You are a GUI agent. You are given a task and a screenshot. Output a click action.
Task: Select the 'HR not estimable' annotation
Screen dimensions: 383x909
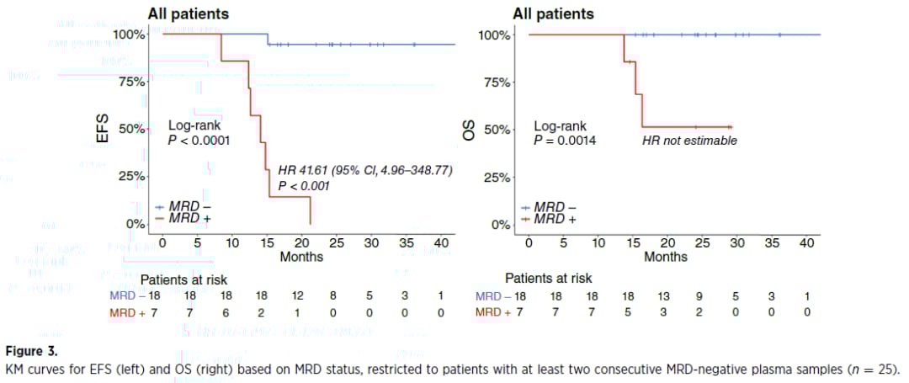coord(689,141)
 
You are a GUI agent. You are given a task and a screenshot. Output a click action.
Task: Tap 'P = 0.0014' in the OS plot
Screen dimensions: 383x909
coord(565,141)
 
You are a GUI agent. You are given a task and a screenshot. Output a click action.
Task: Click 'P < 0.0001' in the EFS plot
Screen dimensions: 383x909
coord(199,141)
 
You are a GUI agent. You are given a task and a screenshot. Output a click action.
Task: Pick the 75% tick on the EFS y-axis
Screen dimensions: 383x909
coord(129,82)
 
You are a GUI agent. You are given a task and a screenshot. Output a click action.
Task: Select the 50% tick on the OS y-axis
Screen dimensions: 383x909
coord(494,130)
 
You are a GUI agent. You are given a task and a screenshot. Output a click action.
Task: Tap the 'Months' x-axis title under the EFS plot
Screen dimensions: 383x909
coord(300,256)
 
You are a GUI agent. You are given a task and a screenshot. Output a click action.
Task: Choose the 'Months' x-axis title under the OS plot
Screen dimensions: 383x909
coord(665,257)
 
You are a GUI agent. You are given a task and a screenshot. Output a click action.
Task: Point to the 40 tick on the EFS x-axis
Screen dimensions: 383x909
coord(440,243)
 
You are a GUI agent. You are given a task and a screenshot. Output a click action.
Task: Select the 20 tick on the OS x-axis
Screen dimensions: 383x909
coord(667,243)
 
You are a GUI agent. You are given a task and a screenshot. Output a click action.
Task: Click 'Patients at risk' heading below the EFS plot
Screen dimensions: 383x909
coord(183,279)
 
